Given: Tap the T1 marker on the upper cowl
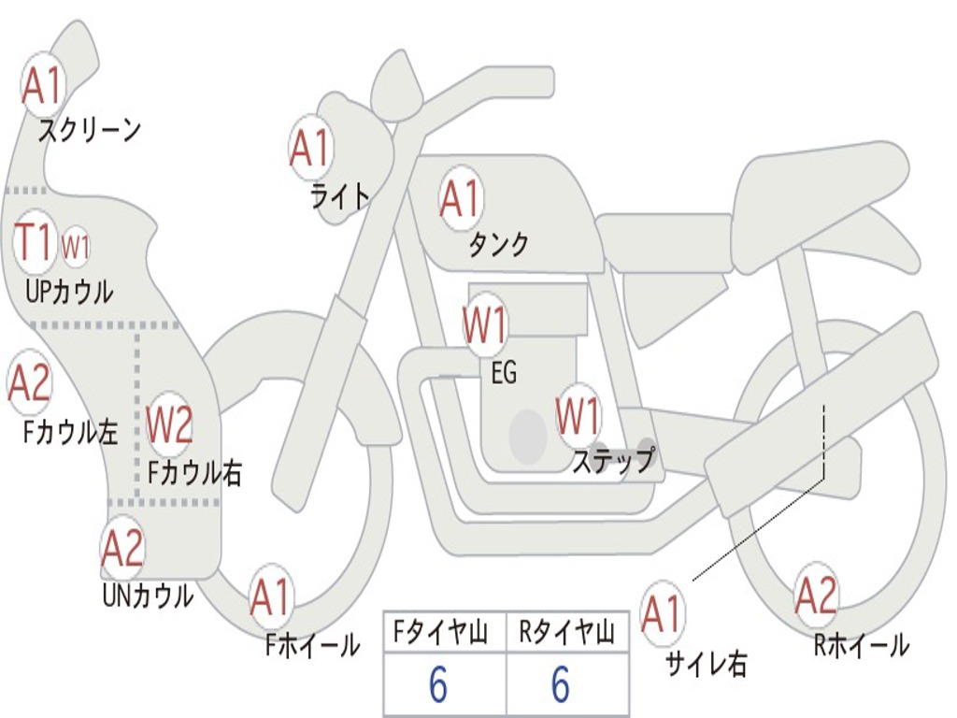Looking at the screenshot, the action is [x=35, y=242].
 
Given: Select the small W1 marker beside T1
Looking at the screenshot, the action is [x=76, y=247].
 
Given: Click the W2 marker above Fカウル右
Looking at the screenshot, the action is [x=170, y=424].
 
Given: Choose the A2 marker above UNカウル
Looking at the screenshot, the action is [x=122, y=548].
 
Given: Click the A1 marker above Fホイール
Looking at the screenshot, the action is [x=271, y=596].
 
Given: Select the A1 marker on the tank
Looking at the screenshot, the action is [x=461, y=198].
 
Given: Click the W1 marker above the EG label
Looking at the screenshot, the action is [x=485, y=324].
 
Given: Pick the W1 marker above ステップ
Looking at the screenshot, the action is [x=578, y=416].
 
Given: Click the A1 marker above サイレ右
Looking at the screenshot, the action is [x=663, y=613].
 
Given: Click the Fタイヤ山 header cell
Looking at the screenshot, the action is [x=445, y=632].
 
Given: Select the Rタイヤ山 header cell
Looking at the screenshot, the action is [x=567, y=632].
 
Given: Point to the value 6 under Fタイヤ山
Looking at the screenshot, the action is [x=438, y=684].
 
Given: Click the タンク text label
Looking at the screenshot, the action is [x=498, y=245].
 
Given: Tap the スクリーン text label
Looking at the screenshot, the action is [x=90, y=130].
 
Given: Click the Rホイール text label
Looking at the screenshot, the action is [x=861, y=645].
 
